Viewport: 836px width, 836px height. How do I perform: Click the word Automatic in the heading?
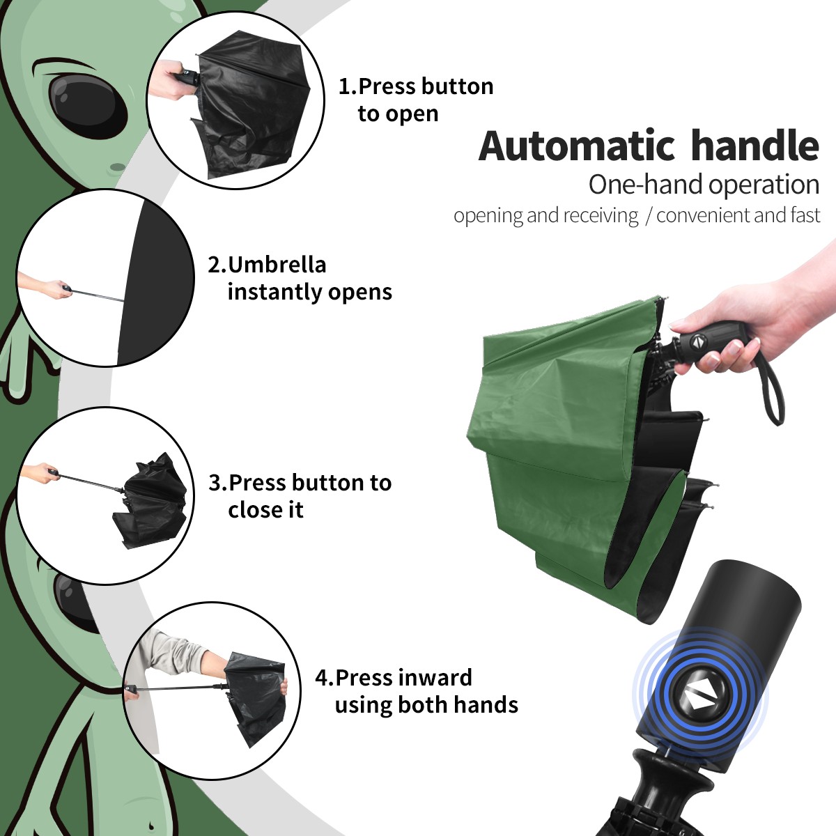click(577, 146)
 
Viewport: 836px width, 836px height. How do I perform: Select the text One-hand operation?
click(704, 185)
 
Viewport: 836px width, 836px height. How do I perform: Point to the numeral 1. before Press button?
click(347, 87)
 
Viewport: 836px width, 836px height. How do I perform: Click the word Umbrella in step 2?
click(277, 265)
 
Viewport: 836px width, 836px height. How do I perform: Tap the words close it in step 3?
click(265, 510)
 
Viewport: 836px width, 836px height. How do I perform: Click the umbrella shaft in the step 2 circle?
click(98, 294)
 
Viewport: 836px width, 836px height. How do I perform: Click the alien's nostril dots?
click(117, 167)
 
